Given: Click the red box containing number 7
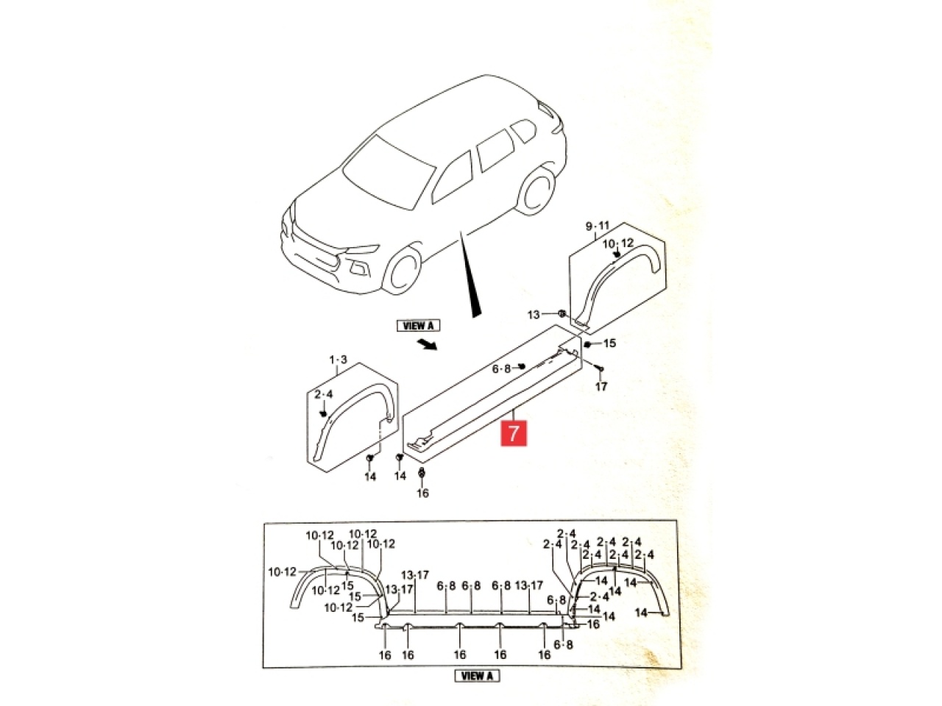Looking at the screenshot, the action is pyautogui.click(x=514, y=433).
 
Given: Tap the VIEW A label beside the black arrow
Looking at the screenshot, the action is pyautogui.click(x=419, y=326).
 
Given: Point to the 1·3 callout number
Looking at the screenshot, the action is pyautogui.click(x=339, y=360).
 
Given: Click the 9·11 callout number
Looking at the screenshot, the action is pyautogui.click(x=598, y=226).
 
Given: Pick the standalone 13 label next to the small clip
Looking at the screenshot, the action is pyautogui.click(x=533, y=315).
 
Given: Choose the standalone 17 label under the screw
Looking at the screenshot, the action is pyautogui.click(x=601, y=387).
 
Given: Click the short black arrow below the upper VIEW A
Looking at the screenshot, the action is pyautogui.click(x=426, y=344).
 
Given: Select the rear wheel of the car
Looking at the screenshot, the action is pyautogui.click(x=536, y=193).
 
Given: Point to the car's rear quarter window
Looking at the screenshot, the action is pyautogui.click(x=523, y=131).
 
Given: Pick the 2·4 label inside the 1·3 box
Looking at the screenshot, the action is pyautogui.click(x=324, y=394).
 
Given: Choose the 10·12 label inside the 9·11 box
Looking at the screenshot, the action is pyautogui.click(x=618, y=243).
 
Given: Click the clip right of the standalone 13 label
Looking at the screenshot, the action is pyautogui.click(x=562, y=313).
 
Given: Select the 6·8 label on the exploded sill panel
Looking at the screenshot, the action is pyautogui.click(x=501, y=368).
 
